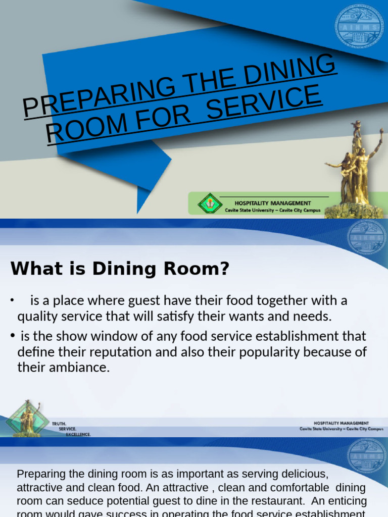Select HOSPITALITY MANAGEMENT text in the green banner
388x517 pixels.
click(x=273, y=203)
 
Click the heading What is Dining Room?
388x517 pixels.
click(x=120, y=269)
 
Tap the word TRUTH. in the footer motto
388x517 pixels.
click(x=59, y=424)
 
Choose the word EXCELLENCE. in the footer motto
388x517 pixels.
click(x=78, y=435)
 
